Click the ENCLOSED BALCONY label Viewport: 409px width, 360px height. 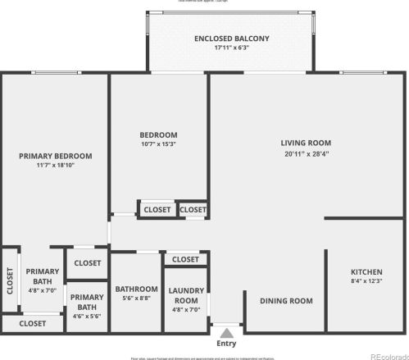click(231, 39)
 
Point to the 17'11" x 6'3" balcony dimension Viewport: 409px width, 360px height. click(231, 48)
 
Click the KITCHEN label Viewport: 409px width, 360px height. click(366, 271)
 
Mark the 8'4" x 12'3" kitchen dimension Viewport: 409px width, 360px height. click(366, 281)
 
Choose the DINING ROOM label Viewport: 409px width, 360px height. click(286, 301)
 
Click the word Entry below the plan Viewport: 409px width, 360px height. click(226, 344)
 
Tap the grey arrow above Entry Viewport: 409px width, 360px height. click(226, 332)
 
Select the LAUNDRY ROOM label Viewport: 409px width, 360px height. click(185, 295)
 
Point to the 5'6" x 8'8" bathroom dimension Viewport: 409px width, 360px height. click(136, 298)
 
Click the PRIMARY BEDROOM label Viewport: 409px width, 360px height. click(56, 156)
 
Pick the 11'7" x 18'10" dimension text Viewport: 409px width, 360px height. click(56, 166)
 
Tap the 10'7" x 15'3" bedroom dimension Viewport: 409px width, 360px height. click(159, 144)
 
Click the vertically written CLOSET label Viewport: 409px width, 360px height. click(10, 281)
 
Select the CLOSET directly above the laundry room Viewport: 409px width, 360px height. click(185, 260)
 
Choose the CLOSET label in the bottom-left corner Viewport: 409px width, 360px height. click(33, 323)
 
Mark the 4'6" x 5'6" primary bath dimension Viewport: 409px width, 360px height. click(87, 316)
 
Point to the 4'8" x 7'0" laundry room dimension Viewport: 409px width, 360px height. click(185, 310)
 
